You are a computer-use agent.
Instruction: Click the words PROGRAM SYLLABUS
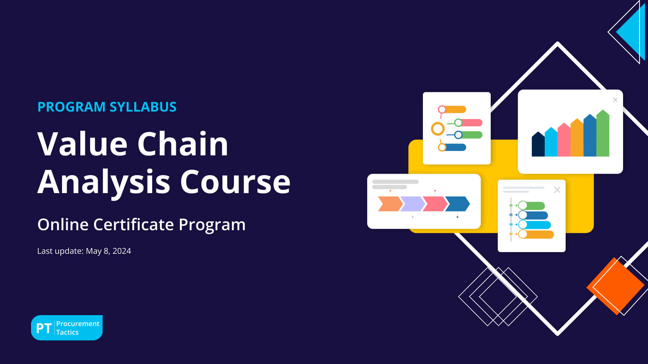pyautogui.click(x=107, y=107)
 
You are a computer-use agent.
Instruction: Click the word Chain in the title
pyautogui.click(x=183, y=144)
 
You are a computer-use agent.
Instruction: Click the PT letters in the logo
pyautogui.click(x=44, y=328)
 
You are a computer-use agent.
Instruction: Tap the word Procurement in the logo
pyautogui.click(x=78, y=324)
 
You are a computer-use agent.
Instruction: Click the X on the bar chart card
pyautogui.click(x=615, y=100)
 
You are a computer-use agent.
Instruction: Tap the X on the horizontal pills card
pyautogui.click(x=557, y=190)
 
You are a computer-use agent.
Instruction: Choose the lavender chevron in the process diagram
pyautogui.click(x=412, y=204)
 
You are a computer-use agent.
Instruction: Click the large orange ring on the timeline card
pyautogui.click(x=438, y=129)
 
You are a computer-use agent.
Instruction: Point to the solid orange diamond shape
pyautogui.click(x=615, y=286)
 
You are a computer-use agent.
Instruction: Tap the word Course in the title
pyautogui.click(x=235, y=182)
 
